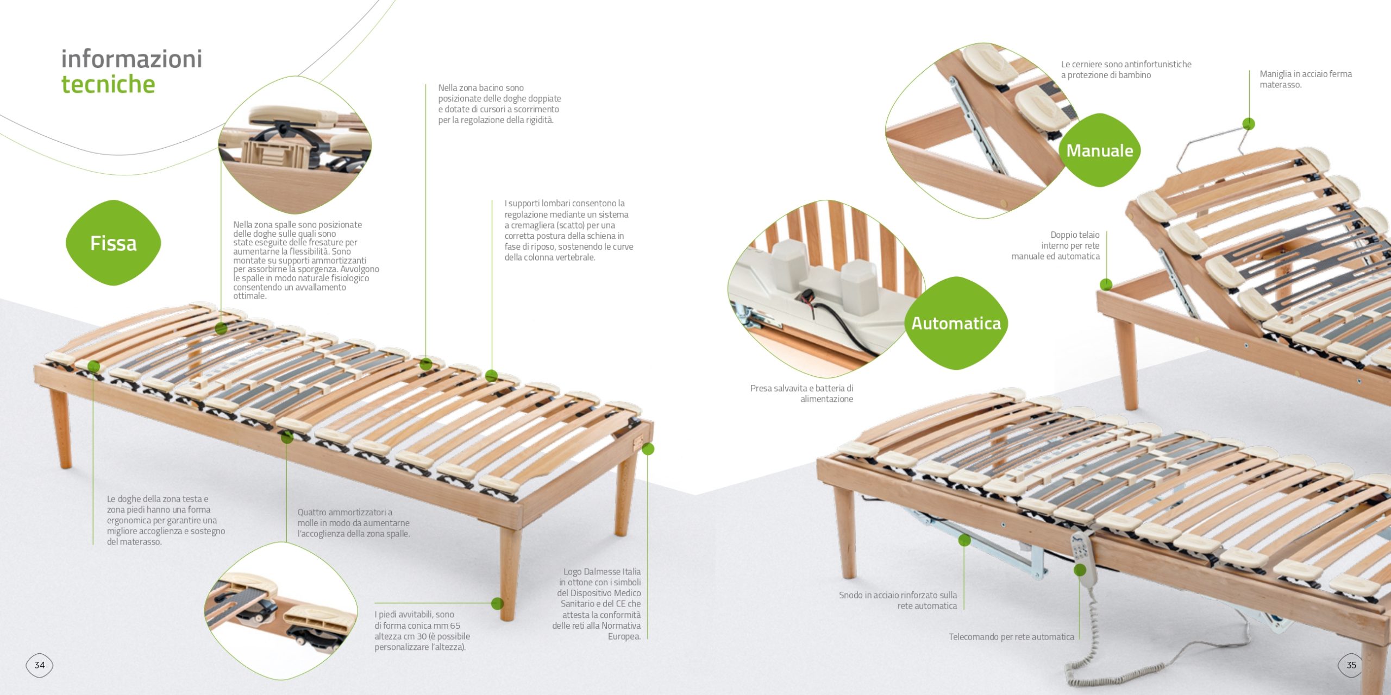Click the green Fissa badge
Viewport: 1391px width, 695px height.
coord(113,243)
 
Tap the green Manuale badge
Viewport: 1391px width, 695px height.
coord(1099,150)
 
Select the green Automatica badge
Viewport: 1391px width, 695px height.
coord(956,323)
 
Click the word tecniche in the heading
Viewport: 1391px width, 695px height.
coord(108,84)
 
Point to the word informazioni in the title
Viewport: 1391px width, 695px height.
coord(131,59)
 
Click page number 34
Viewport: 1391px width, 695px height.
coord(40,665)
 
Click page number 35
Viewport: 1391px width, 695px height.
coord(1351,665)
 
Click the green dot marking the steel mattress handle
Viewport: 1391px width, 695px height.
coord(1249,124)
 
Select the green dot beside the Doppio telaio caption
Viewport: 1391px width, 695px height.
coord(1106,284)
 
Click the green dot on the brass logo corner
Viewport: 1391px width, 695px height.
coord(648,449)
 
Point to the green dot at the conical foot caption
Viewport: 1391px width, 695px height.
coord(497,603)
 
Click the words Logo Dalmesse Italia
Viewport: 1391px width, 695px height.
coord(602,572)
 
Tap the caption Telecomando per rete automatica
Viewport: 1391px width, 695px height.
coord(1011,637)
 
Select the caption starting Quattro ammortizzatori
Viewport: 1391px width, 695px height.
coord(353,523)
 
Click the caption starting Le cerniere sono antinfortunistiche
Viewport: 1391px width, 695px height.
coord(1126,69)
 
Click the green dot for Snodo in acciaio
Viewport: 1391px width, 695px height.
coord(964,540)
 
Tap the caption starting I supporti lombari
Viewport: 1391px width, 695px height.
coord(568,230)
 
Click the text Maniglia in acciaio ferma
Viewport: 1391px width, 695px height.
coord(1306,74)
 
